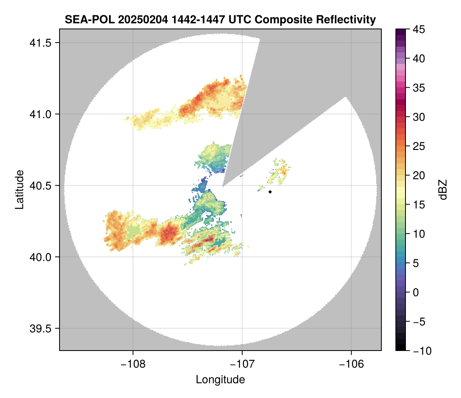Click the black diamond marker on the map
click(270, 192)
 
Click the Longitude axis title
click(220, 380)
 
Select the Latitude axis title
click(19, 189)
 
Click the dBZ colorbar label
click(443, 190)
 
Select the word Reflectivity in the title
click(346, 19)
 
